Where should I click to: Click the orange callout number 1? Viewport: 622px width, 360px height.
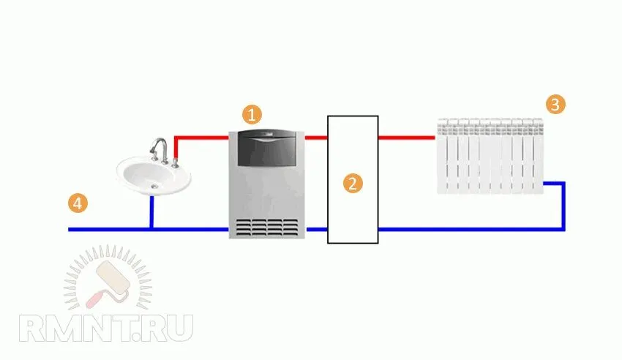[252, 115]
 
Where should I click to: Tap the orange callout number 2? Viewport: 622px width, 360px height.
[353, 183]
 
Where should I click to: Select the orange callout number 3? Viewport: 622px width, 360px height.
[555, 105]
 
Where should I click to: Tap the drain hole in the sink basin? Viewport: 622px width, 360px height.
[154, 187]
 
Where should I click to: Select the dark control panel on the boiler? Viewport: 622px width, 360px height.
[266, 149]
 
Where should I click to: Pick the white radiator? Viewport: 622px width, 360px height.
[490, 156]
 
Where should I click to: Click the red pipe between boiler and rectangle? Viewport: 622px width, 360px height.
[316, 138]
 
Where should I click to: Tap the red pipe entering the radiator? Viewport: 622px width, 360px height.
[407, 138]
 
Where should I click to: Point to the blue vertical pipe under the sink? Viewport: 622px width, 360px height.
[151, 211]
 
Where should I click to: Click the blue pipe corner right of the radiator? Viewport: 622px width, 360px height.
[563, 184]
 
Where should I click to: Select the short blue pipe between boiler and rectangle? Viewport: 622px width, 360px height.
[317, 229]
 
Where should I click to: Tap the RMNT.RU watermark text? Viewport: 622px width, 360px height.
[106, 329]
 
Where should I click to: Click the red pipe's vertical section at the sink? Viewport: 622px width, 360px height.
[176, 148]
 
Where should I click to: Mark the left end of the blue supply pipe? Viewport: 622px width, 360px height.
[69, 229]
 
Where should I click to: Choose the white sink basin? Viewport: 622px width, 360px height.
[154, 176]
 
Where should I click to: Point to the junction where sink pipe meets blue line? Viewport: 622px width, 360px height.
[151, 229]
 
